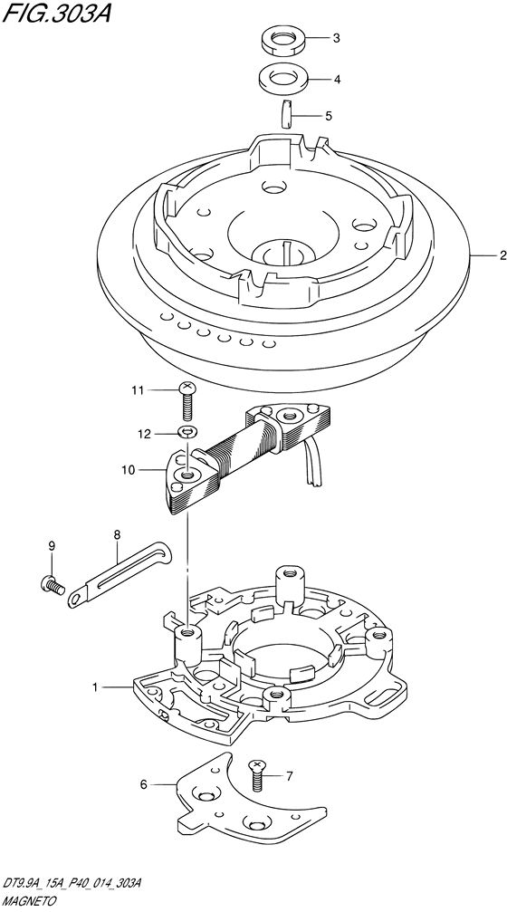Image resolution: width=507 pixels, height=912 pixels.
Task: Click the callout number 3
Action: point(336,39)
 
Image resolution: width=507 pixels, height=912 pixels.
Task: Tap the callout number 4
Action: point(337,79)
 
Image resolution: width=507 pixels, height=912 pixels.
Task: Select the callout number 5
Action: point(329,116)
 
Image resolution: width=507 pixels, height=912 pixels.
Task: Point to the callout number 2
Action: point(502,254)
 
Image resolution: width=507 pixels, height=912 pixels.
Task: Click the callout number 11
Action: point(137,390)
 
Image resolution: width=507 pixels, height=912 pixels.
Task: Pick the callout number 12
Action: point(144,433)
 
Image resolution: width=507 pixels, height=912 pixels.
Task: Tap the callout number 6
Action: point(144,785)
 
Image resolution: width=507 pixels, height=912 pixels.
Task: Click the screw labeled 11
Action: point(187,401)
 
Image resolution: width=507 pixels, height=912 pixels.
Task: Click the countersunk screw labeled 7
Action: point(256,774)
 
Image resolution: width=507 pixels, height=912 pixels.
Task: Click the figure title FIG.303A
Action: point(56,13)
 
